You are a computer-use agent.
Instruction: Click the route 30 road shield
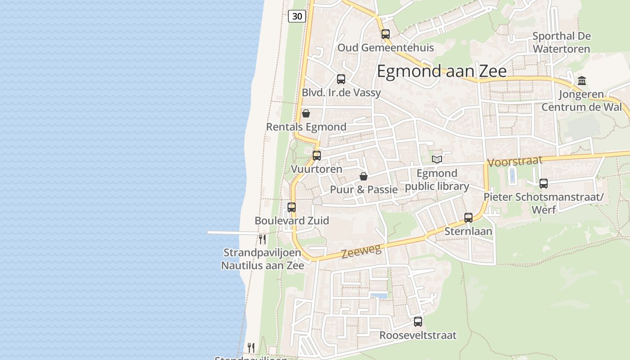[x=297, y=17]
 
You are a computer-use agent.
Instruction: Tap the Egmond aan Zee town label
[x=441, y=71]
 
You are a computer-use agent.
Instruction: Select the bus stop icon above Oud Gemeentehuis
[x=386, y=34]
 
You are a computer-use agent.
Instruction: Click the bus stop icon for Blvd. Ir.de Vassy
[x=341, y=79]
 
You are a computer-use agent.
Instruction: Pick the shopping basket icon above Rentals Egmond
[x=306, y=113]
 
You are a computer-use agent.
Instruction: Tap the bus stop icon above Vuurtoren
[x=317, y=156]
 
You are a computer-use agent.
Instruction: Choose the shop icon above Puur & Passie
[x=364, y=176]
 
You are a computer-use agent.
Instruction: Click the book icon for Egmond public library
[x=436, y=159]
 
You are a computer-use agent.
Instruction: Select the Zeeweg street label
[x=361, y=251]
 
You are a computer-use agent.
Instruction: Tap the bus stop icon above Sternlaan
[x=468, y=218]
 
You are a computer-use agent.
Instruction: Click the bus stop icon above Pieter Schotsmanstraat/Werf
[x=544, y=184]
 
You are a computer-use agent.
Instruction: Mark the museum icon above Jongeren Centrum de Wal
[x=582, y=81]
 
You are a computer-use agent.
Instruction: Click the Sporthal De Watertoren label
[x=561, y=42]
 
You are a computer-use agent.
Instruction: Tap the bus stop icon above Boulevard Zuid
[x=292, y=207]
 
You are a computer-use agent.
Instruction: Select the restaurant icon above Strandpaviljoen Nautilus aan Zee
[x=262, y=239]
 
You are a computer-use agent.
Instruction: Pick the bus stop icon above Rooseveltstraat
[x=418, y=322]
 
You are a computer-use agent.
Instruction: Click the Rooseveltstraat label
[x=418, y=335]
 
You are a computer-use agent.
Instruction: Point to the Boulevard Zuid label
[x=292, y=220]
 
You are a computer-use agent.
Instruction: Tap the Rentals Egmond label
[x=306, y=127]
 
